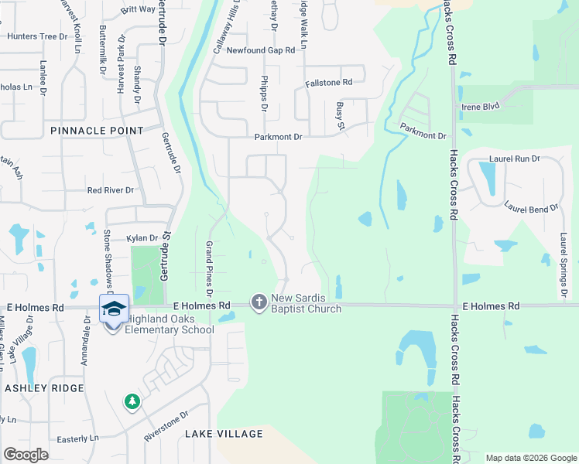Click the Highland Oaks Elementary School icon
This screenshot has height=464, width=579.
click(114, 309)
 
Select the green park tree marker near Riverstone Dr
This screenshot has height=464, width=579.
click(132, 401)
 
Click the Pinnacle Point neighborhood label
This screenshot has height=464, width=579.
click(97, 131)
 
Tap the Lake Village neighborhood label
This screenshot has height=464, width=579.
click(224, 435)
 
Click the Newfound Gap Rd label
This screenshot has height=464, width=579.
click(261, 50)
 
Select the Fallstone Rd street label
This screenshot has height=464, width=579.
click(329, 82)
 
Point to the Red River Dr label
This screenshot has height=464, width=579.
click(111, 190)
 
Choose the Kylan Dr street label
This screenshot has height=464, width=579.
click(142, 238)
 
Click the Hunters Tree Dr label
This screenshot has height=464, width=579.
click(38, 36)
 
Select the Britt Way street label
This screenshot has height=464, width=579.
click(138, 11)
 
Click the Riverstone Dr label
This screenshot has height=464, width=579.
click(166, 426)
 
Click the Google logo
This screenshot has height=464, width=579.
click(26, 455)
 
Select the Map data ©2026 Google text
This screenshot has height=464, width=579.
click(530, 458)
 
